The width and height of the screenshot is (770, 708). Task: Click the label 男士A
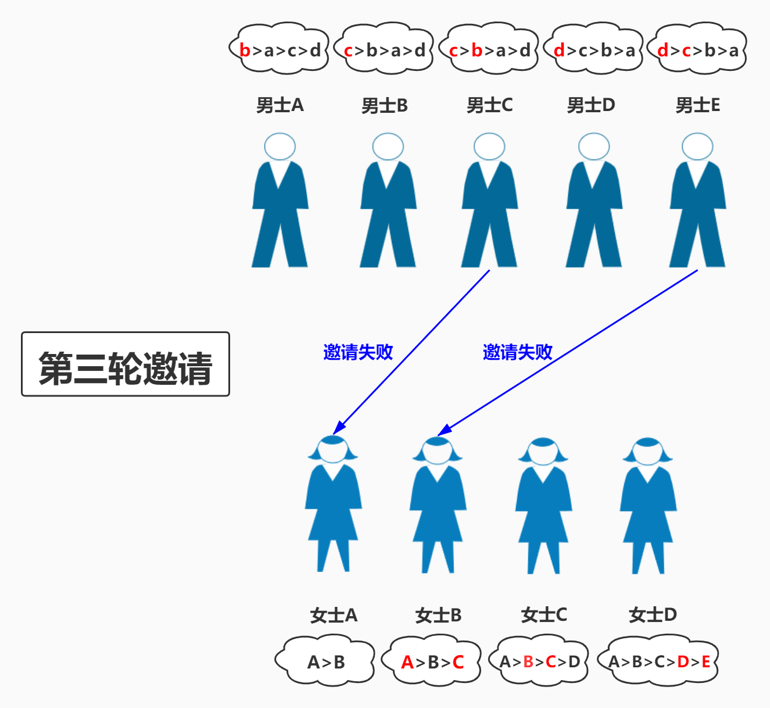coord(280,105)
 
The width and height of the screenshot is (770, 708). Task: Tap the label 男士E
coord(697,105)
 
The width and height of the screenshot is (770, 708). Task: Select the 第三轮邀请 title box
coord(126,364)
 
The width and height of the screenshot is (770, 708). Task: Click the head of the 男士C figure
coord(489,146)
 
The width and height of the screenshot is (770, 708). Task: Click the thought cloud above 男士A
coord(280,49)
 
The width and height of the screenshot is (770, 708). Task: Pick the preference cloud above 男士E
coord(697,49)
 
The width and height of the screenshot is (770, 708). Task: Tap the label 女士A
coord(334,615)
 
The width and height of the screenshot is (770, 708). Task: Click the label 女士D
coord(653,615)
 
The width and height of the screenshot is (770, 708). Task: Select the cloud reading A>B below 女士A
coord(326,661)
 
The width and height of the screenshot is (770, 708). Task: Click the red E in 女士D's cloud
coord(705,661)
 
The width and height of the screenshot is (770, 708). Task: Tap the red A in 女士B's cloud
coord(407,662)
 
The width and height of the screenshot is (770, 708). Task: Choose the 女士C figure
coord(543,506)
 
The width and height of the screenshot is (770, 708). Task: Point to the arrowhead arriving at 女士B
coord(443,430)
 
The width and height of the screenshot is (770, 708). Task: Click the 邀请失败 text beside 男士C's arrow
coord(358,352)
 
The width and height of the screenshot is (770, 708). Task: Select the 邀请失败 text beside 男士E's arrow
coord(517,352)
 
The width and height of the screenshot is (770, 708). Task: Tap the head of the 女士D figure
coord(647,451)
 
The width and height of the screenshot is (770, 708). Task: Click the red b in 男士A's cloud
coord(245,51)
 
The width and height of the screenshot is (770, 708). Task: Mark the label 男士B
coord(384,106)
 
